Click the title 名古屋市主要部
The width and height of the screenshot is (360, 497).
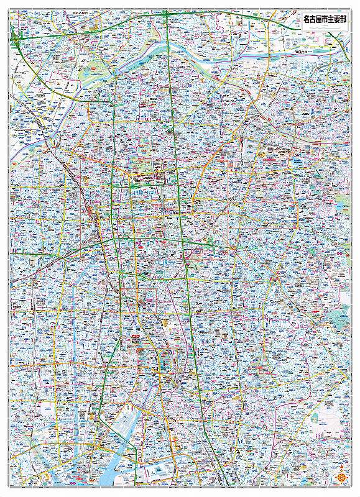tap(323, 21)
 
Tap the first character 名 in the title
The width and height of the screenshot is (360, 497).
tap(307, 21)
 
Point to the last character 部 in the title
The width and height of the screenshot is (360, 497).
tap(341, 21)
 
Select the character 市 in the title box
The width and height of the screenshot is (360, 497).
tap(324, 21)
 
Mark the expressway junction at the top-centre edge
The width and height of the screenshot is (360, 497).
tap(167, 17)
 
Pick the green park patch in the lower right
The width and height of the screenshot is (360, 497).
tap(339, 320)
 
